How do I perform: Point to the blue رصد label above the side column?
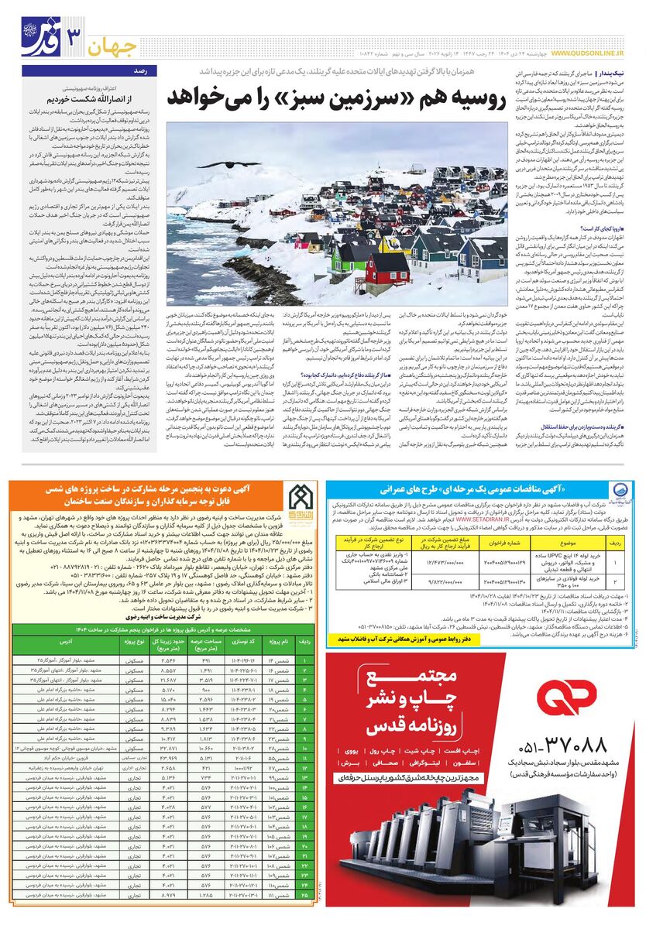(141, 70)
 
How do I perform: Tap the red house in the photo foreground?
(388, 267)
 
